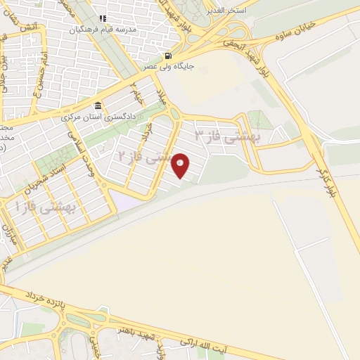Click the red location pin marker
[x=181, y=166]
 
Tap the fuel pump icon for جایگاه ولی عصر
[x=167, y=56]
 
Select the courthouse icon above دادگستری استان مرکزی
[x=98, y=105]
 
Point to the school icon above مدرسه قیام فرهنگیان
[x=102, y=19]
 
